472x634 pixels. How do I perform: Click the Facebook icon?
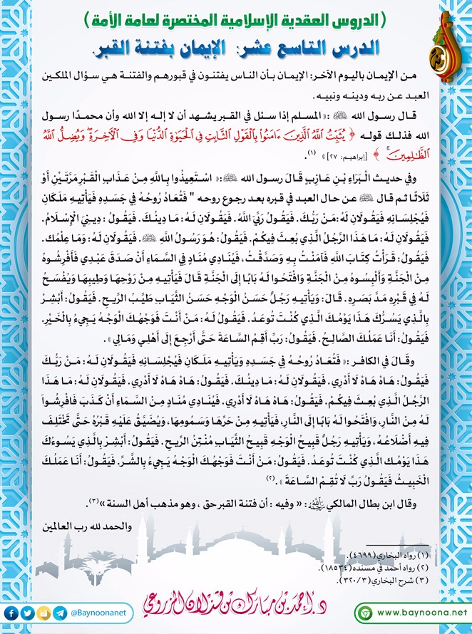click(x=10, y=612)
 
